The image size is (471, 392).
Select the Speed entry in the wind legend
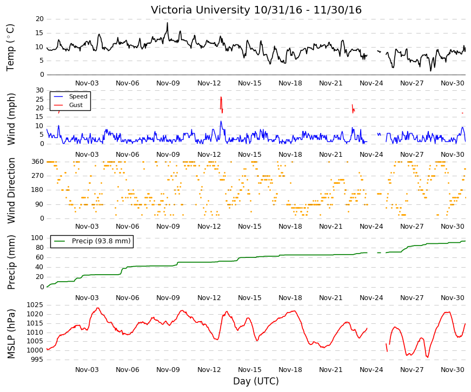click(x=78, y=96)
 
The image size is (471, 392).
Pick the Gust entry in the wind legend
click(x=76, y=105)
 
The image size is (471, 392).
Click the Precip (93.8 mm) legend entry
click(x=101, y=241)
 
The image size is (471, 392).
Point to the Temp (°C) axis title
click(x=10, y=48)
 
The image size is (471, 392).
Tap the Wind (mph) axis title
click(x=10, y=119)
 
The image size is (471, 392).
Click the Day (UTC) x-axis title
click(x=256, y=381)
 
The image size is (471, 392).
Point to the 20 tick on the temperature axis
click(x=39, y=19)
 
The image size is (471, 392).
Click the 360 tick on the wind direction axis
click(x=38, y=162)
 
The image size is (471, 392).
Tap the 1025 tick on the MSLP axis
click(x=35, y=305)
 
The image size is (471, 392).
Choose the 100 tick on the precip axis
click(x=37, y=238)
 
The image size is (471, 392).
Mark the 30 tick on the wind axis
click(x=39, y=90)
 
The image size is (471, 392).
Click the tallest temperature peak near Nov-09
click(x=167, y=23)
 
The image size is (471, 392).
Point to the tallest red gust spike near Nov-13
click(x=221, y=97)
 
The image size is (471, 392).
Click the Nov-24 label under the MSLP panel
click(x=372, y=370)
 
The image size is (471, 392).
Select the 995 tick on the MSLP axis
click(x=37, y=360)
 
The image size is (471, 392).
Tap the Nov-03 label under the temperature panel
click(x=87, y=83)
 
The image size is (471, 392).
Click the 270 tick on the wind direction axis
click(x=38, y=176)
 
